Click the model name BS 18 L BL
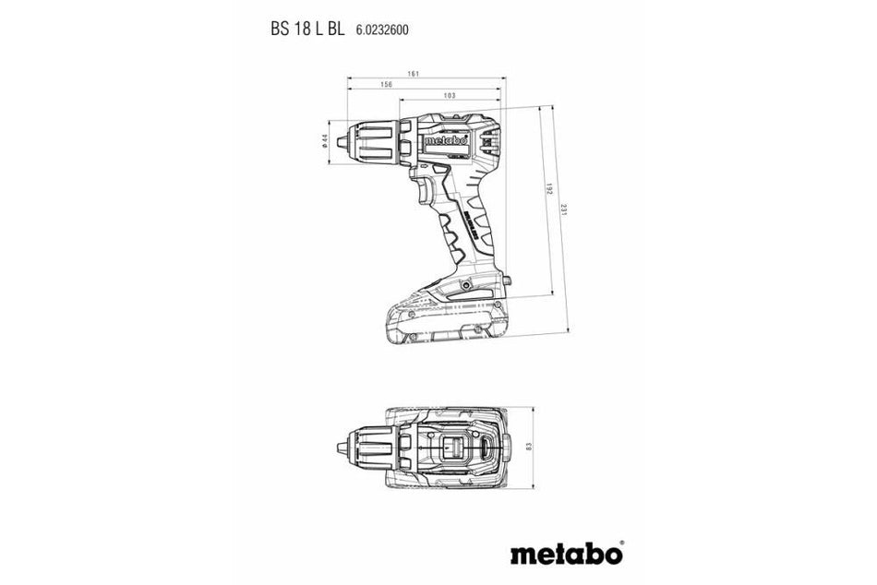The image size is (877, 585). (307, 29)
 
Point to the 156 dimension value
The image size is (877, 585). (386, 85)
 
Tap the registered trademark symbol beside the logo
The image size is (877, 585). (620, 543)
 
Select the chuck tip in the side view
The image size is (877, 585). (342, 141)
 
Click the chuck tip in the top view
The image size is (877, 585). (342, 448)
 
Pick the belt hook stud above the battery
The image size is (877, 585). (507, 279)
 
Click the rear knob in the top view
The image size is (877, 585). (506, 448)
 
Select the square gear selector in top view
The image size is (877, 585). (453, 449)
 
